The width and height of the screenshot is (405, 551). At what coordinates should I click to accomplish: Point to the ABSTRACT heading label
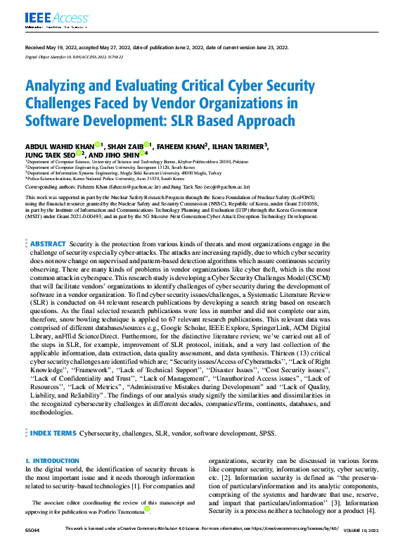[x=47, y=243]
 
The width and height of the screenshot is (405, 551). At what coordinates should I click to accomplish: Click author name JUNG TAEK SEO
[x=51, y=154]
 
